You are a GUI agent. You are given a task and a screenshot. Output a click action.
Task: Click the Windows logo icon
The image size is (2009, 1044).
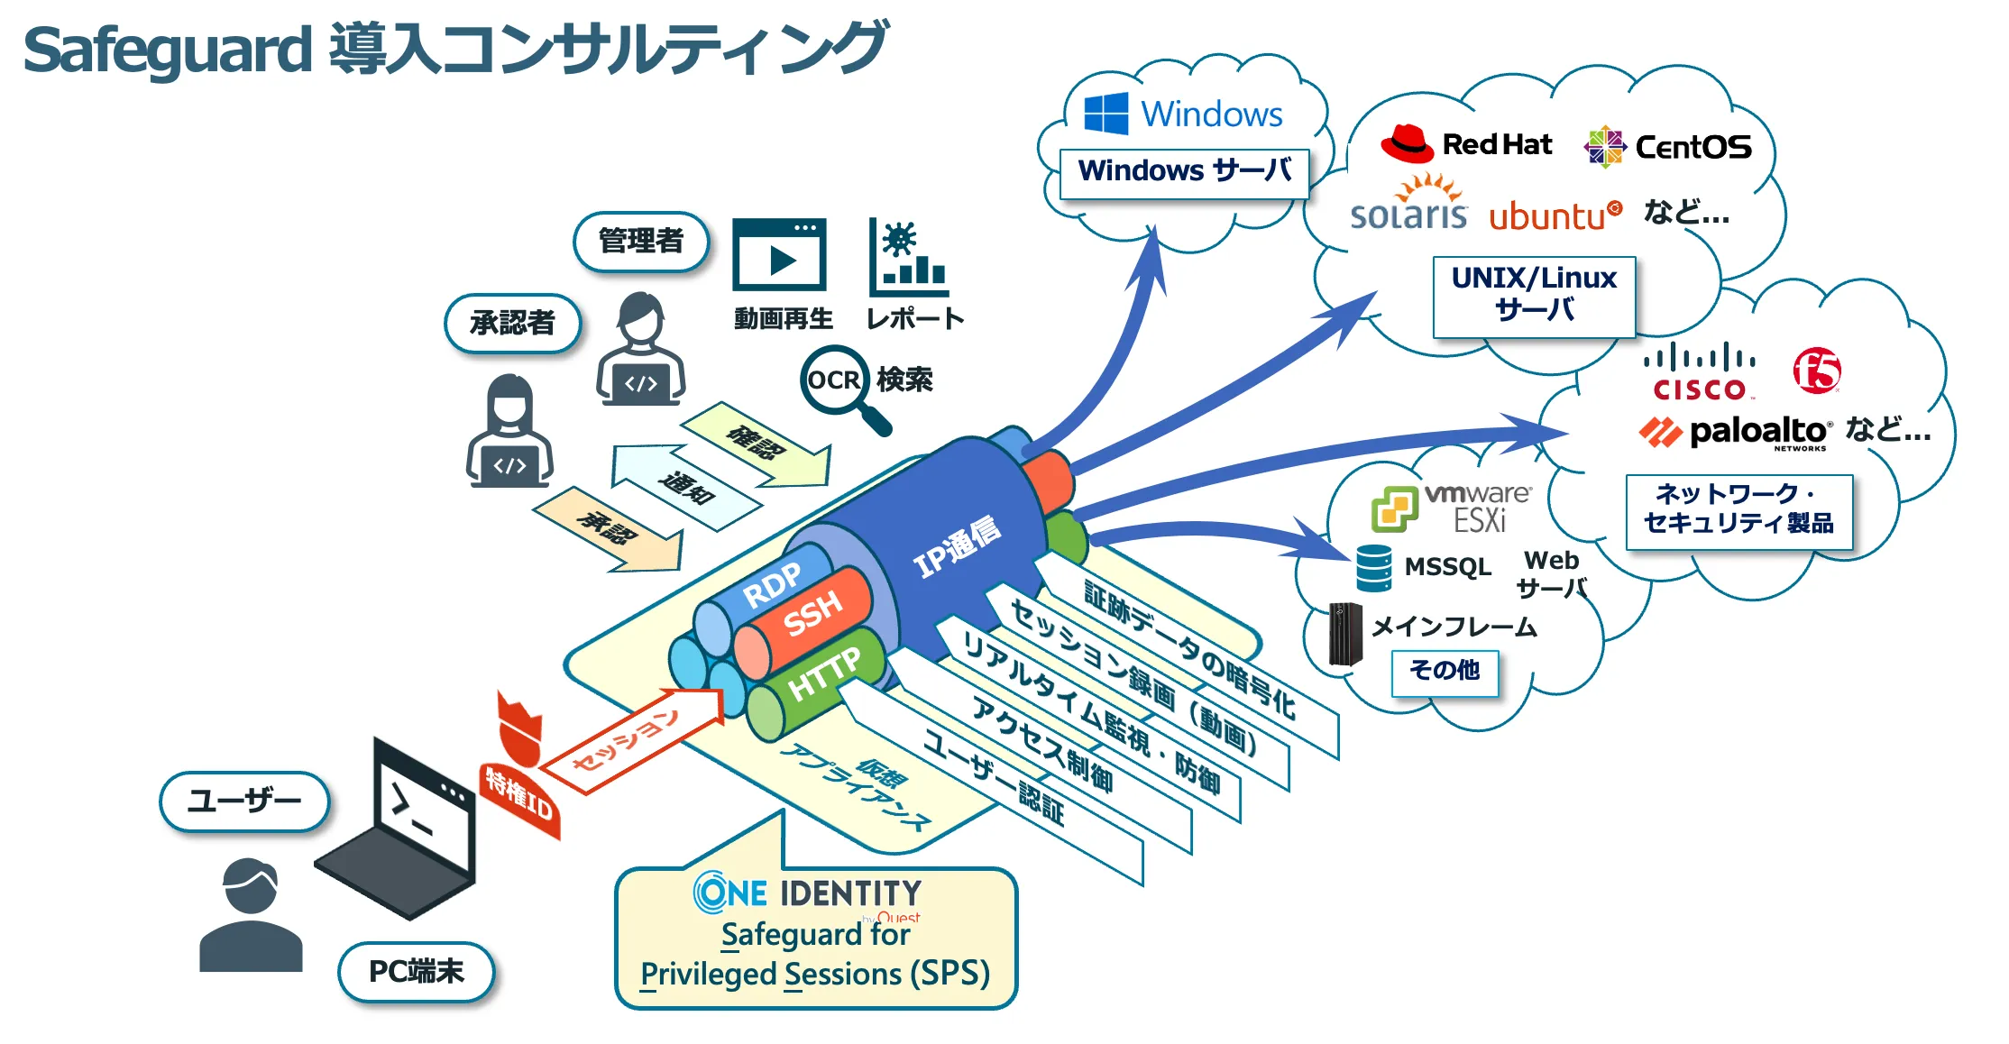[x=1105, y=114]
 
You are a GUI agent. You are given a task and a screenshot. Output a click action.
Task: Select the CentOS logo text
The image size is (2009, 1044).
[x=1693, y=147]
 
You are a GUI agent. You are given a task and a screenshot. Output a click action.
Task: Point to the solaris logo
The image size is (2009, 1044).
[x=1408, y=206]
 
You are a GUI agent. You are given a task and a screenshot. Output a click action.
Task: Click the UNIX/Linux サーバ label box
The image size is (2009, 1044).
[x=1534, y=296]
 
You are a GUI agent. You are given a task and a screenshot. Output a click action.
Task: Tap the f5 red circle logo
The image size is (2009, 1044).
[x=1816, y=371]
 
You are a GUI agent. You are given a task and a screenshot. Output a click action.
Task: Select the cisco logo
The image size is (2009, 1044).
[x=1700, y=371]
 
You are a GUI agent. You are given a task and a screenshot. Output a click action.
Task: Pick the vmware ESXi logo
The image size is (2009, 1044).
[x=1451, y=508]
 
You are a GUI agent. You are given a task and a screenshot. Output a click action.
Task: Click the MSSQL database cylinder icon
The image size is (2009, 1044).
[x=1374, y=568]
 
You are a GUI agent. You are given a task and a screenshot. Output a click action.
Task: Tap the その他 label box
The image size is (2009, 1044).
[x=1445, y=671]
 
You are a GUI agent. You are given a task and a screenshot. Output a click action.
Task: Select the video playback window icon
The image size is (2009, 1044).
[x=779, y=254]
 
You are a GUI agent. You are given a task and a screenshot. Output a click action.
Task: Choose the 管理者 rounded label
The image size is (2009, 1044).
[x=641, y=241]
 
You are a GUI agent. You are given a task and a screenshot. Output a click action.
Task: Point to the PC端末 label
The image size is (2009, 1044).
[x=417, y=971]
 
